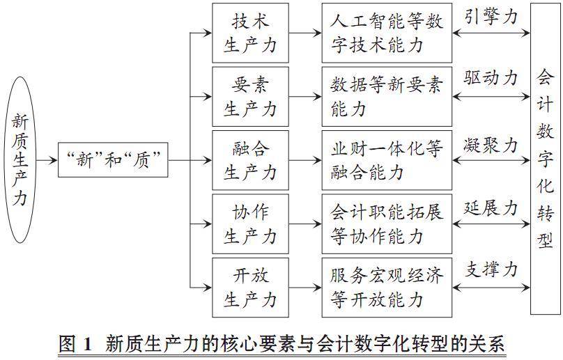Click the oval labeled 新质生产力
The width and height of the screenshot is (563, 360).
(20, 159)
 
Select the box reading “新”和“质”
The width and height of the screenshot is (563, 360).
(113, 159)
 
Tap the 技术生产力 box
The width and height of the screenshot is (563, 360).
(250, 33)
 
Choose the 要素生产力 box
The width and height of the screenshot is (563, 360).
(250, 97)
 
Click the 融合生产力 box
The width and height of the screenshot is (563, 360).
(250, 160)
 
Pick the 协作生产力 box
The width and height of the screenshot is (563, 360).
(250, 224)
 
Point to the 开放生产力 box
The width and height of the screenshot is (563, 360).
(250, 288)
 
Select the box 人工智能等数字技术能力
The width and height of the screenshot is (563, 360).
(387, 33)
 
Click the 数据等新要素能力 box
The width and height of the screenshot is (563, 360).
(387, 97)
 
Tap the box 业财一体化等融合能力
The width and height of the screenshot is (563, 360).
(387, 160)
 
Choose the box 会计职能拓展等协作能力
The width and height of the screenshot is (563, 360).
(387, 224)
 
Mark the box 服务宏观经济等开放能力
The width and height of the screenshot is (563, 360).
(387, 288)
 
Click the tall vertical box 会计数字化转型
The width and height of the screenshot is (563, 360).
(546, 159)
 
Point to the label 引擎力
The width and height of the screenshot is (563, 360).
(491, 17)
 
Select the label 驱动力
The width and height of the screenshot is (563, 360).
(491, 78)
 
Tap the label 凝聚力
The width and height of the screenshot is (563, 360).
(491, 146)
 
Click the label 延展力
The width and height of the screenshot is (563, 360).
(491, 208)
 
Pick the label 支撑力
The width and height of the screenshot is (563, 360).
(491, 269)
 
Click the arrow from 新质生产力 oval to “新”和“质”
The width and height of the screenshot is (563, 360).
(47, 160)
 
